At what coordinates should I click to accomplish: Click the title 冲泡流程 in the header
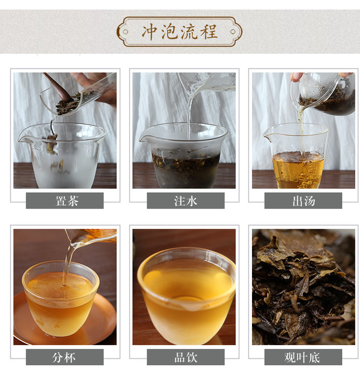pos(180,32)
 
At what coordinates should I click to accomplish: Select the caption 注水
pos(185,201)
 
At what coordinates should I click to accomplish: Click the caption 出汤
pos(303,201)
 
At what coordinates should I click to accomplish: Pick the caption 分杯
pos(64,357)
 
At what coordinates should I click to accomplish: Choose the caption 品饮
pos(185,357)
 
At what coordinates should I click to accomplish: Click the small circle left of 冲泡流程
pos(125,32)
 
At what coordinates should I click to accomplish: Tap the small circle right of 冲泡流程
pos(233,32)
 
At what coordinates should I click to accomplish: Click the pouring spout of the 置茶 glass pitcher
pos(23,140)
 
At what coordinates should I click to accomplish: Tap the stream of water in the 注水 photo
pos(189,115)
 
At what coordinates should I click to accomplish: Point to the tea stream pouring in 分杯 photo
pos(67,265)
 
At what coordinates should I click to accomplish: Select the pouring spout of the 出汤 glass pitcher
pos(267,138)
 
